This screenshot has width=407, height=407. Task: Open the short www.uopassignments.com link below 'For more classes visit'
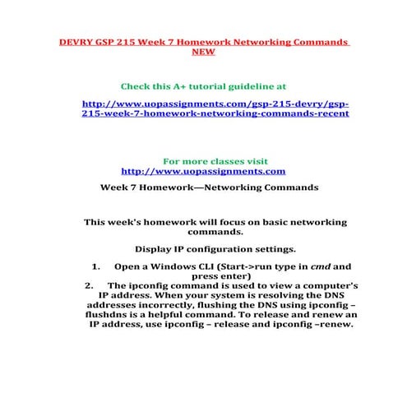point(203,171)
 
